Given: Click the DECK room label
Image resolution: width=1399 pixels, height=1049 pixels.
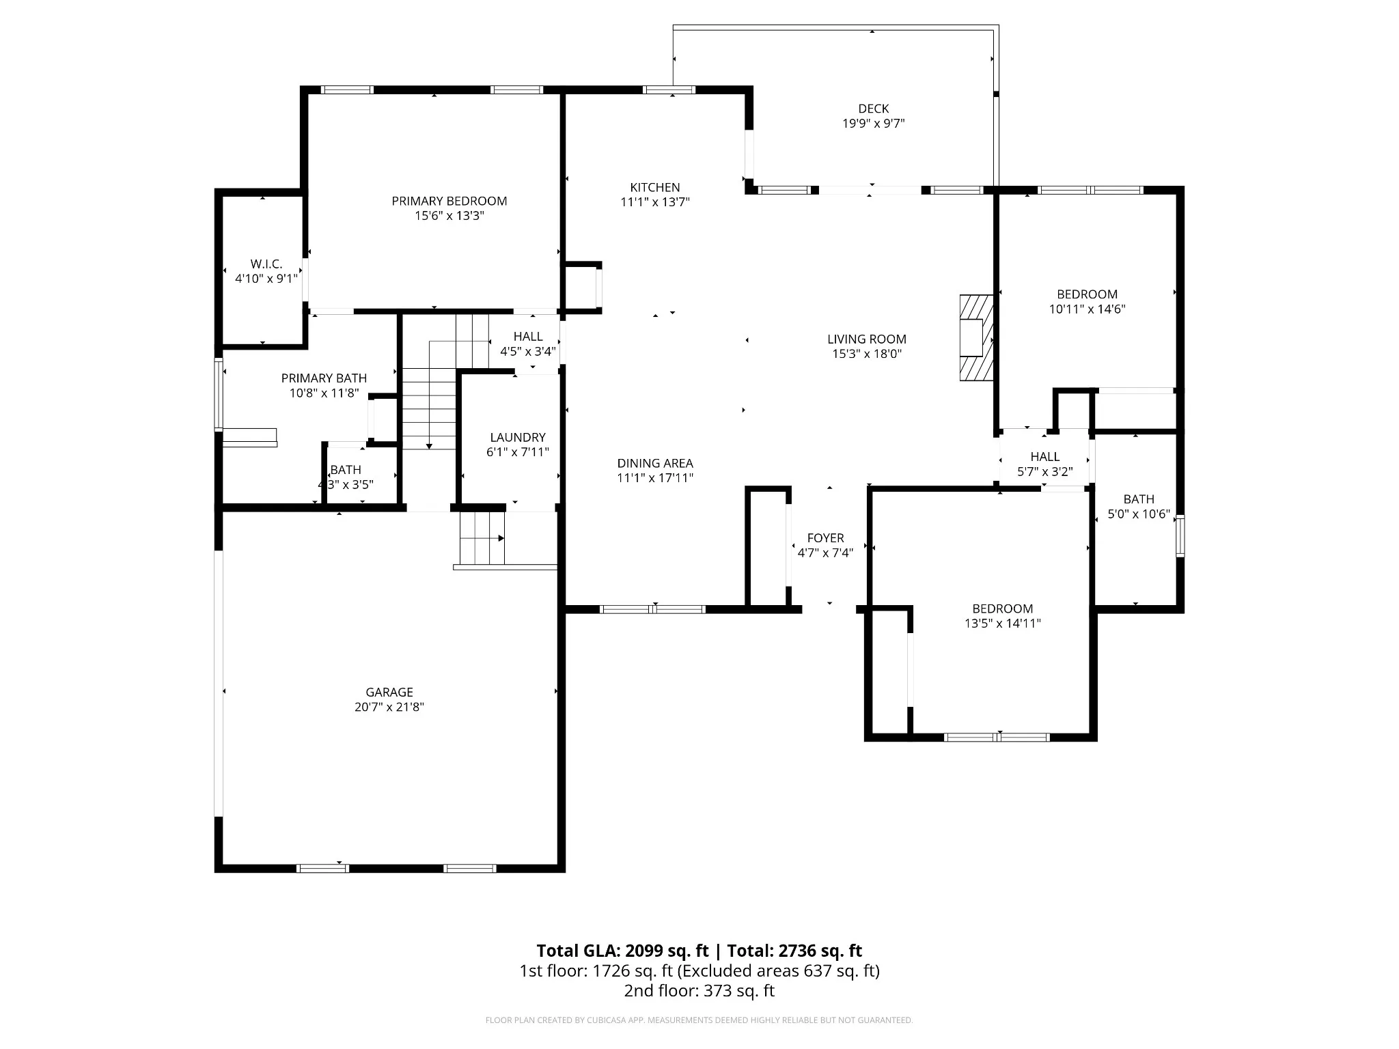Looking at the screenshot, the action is click(x=874, y=109).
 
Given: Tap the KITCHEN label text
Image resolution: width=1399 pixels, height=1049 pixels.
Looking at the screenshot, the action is click(x=655, y=187).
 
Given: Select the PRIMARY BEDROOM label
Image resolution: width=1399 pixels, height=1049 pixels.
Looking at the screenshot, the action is click(x=449, y=201).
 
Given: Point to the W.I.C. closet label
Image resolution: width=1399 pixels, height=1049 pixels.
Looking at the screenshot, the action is click(x=266, y=264).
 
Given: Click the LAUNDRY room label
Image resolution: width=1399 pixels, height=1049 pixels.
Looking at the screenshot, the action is click(x=518, y=437).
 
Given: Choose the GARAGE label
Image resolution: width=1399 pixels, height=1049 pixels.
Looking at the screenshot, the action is click(x=389, y=692).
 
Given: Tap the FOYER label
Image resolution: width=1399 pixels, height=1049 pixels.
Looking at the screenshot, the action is click(x=826, y=538).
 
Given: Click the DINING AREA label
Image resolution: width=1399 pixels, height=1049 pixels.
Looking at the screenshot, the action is click(x=655, y=463).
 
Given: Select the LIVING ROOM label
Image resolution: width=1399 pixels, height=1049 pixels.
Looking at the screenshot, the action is click(x=867, y=339).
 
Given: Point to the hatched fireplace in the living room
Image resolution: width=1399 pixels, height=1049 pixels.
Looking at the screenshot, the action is click(x=976, y=337).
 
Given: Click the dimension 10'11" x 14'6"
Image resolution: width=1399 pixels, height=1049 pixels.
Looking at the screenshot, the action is click(x=1088, y=309).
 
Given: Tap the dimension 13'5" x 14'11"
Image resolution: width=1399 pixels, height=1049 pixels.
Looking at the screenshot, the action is click(x=1003, y=623).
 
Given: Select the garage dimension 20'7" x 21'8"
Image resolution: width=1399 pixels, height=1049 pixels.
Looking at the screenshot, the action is click(x=389, y=707).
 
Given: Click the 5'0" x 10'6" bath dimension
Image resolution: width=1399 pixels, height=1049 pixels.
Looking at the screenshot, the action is click(x=1139, y=514).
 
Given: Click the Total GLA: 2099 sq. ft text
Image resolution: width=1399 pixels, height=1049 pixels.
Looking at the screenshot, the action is click(x=623, y=951).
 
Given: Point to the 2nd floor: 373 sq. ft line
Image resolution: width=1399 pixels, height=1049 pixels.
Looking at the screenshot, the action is click(x=699, y=991).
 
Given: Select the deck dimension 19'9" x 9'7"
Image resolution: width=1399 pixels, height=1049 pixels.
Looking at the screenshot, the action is click(x=874, y=124).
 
